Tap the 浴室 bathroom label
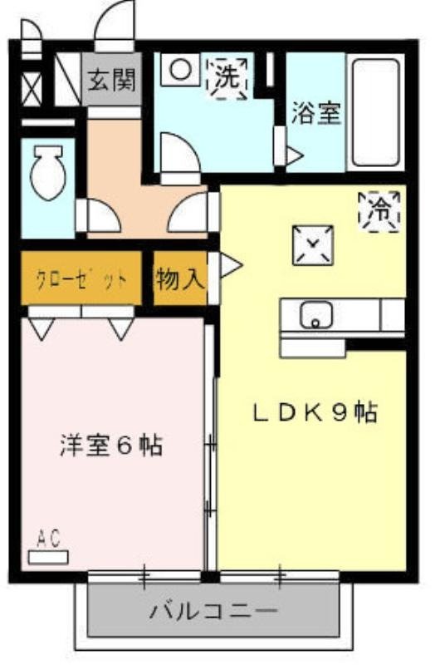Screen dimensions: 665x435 [x=315, y=114]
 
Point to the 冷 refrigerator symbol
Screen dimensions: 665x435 [x=379, y=209]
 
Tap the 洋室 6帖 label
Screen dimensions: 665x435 [x=110, y=446]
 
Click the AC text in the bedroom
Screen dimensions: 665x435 [x=49, y=539]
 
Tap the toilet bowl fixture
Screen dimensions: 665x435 [x=47, y=173]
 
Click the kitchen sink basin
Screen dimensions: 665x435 [x=316, y=314]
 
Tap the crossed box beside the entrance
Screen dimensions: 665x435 [x=31, y=88]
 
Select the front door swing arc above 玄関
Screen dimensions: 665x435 [x=114, y=25]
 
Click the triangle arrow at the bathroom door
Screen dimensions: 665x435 [x=295, y=155]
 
